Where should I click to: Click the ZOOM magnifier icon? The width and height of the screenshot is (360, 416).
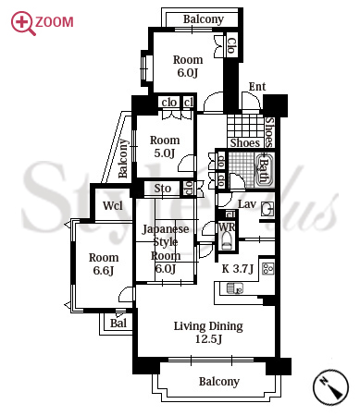click(x=22, y=23)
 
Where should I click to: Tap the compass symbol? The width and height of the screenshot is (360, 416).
click(x=330, y=387)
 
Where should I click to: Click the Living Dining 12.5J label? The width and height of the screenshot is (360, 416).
click(x=208, y=332)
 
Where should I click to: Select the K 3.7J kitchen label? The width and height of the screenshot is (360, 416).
click(x=238, y=269)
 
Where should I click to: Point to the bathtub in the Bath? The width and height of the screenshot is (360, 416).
click(x=264, y=170)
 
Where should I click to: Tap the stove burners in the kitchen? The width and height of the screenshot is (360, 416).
click(x=267, y=268)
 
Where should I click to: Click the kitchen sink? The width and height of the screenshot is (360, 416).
click(x=235, y=288)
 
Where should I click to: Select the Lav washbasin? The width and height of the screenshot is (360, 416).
click(x=267, y=209)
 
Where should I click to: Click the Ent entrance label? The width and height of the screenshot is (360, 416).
click(x=257, y=87)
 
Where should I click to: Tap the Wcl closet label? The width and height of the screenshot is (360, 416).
click(x=113, y=205)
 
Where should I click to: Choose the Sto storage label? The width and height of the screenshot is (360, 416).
click(x=162, y=188)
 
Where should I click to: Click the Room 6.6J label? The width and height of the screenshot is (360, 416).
click(x=104, y=264)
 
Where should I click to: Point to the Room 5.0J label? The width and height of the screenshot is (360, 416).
click(x=165, y=146)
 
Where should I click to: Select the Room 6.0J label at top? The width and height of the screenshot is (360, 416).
click(x=188, y=66)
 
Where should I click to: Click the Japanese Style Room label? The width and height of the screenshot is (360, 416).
click(x=166, y=242)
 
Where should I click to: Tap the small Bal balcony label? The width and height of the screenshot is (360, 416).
click(x=118, y=324)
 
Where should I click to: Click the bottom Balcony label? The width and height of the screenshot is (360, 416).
click(x=219, y=382)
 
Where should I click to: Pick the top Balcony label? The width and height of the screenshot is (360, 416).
click(x=204, y=19)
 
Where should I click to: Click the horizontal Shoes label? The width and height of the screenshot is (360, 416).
click(x=245, y=143)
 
